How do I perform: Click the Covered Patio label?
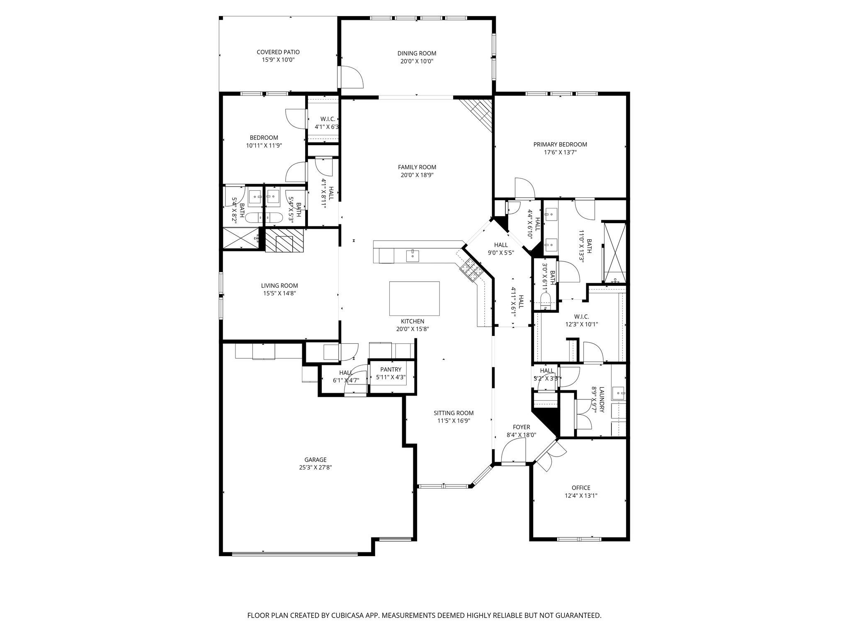coord(278,52)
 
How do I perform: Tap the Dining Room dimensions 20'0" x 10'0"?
coord(417,61)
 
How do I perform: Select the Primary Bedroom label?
coord(560,145)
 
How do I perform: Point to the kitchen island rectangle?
coord(414,299)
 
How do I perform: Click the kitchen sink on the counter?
coord(413,256)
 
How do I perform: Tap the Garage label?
coord(315,460)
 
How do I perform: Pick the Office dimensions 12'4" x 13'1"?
coord(581,496)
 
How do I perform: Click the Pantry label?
coord(391,370)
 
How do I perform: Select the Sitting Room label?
coord(454,413)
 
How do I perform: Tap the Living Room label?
coord(279,286)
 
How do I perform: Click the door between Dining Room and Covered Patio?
coord(351,77)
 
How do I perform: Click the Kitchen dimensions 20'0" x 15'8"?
coord(412,329)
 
